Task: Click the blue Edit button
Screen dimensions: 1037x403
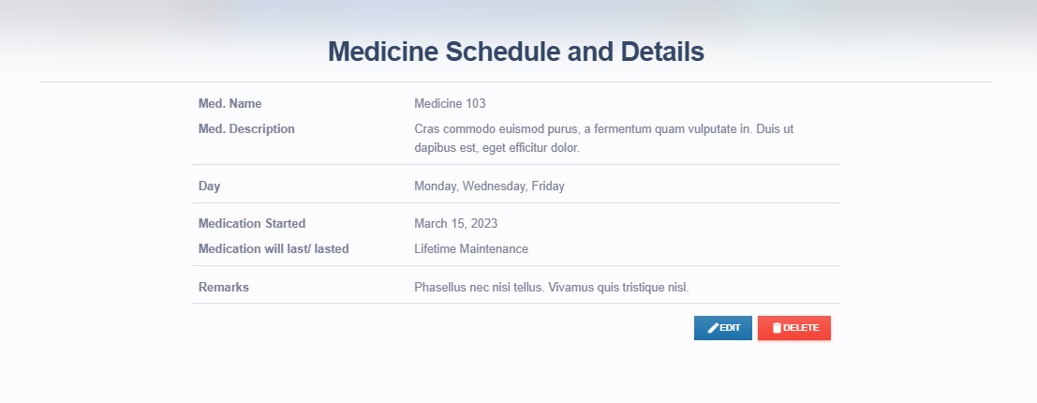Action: (723, 328)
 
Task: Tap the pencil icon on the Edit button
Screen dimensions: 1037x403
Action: (713, 328)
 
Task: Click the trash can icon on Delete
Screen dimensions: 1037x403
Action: (778, 328)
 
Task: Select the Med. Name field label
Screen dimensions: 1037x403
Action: (230, 104)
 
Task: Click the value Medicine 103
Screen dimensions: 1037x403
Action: (450, 104)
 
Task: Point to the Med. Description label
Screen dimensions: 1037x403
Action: (246, 129)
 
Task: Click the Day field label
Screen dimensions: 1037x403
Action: (209, 187)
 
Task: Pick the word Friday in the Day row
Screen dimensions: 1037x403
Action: (548, 187)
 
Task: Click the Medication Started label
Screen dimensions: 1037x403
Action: (252, 224)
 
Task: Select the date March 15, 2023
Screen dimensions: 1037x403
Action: (455, 224)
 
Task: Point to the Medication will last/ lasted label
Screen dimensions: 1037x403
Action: (274, 248)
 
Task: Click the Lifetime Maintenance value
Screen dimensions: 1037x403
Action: (471, 248)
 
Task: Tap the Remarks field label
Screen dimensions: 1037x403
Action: (224, 288)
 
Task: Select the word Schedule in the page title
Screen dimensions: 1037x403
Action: (503, 52)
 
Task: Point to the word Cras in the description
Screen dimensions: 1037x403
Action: (426, 129)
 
